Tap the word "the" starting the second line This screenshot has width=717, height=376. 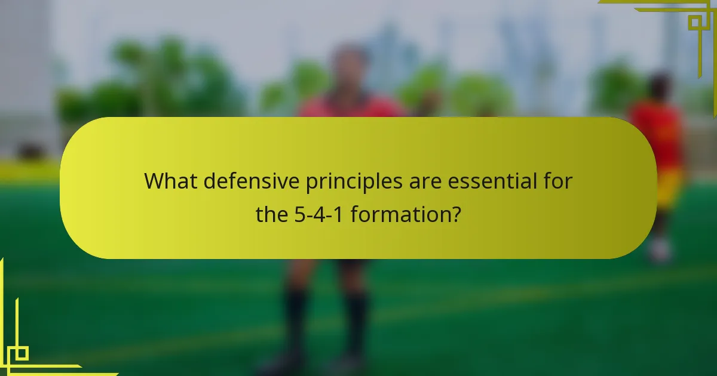point(272,214)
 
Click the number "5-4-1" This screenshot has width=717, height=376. point(320,214)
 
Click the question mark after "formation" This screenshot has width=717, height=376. point(456,214)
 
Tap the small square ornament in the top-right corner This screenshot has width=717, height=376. point(695,23)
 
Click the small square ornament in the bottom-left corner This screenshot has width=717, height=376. point(21,353)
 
